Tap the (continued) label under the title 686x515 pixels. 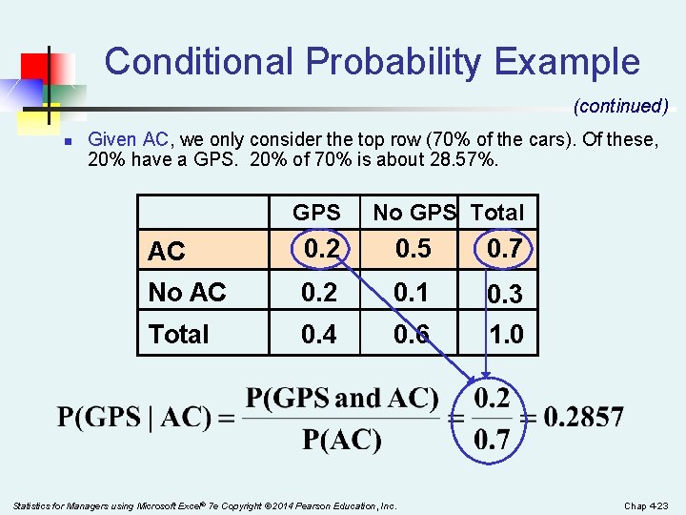(620, 106)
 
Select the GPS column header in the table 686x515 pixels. (316, 213)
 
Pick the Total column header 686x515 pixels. (498, 213)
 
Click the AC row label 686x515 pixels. (167, 252)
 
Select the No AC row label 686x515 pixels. (187, 293)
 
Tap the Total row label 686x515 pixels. (178, 335)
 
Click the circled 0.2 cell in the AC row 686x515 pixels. (318, 250)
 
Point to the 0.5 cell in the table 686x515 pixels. (413, 250)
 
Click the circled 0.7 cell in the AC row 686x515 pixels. (504, 250)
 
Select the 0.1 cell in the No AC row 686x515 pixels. (413, 293)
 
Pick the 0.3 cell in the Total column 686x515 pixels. (504, 295)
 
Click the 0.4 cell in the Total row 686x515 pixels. (318, 335)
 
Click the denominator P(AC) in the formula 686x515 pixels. (342, 440)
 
